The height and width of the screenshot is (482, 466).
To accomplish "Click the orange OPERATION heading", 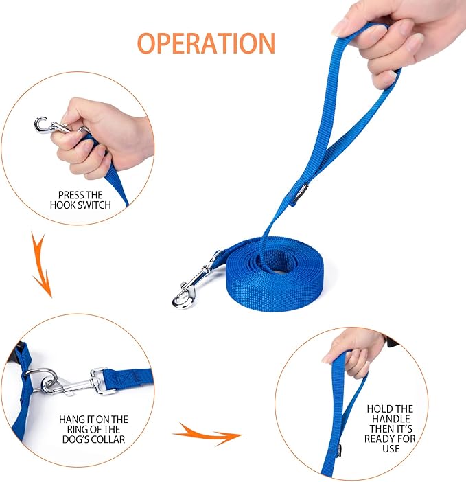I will coord(206,43).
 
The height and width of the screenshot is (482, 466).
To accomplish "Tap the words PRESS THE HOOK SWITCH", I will coord(80,200).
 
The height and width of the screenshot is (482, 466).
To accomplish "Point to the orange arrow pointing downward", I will coord(41,264).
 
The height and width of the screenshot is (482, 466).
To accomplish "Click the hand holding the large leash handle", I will coord(384,41).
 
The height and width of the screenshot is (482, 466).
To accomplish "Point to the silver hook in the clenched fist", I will coord(49,126).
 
